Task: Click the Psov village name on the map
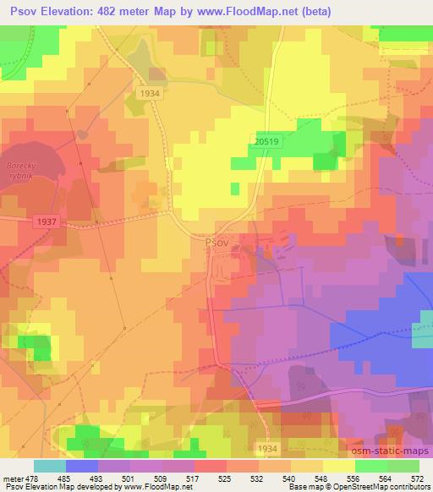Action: click(216, 242)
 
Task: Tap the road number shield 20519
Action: click(266, 145)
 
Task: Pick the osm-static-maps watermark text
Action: click(391, 443)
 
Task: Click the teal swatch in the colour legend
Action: click(49, 466)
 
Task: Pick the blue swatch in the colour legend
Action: click(81, 466)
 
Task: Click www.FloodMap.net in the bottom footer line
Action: click(147, 486)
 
